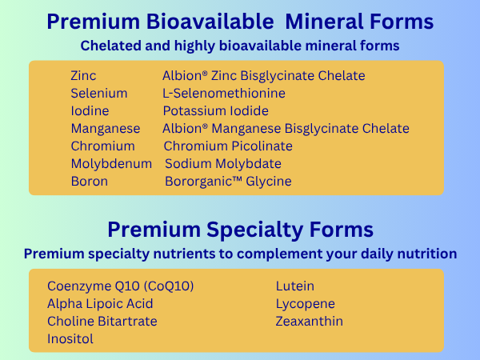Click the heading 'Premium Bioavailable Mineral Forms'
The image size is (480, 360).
240,22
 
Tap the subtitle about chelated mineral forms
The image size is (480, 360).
240,46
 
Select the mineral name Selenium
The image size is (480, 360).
99,94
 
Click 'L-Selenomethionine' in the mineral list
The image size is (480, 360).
224,94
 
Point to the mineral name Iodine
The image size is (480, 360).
90,111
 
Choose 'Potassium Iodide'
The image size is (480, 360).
215,111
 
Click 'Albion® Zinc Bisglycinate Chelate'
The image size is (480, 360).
263,76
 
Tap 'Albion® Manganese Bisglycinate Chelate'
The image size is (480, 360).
286,129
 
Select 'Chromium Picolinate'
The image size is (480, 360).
228,146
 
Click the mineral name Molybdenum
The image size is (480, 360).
111,164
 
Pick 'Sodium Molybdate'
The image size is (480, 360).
223,164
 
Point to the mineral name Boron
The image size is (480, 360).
89,182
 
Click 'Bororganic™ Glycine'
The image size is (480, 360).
228,182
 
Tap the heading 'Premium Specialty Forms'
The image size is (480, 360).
240,230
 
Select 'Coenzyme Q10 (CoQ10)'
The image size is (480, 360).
120,286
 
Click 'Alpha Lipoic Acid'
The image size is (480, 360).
100,304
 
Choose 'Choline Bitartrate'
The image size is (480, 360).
102,322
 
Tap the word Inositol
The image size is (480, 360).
70,339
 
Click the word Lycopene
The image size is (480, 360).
306,304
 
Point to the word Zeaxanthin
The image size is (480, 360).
309,322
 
